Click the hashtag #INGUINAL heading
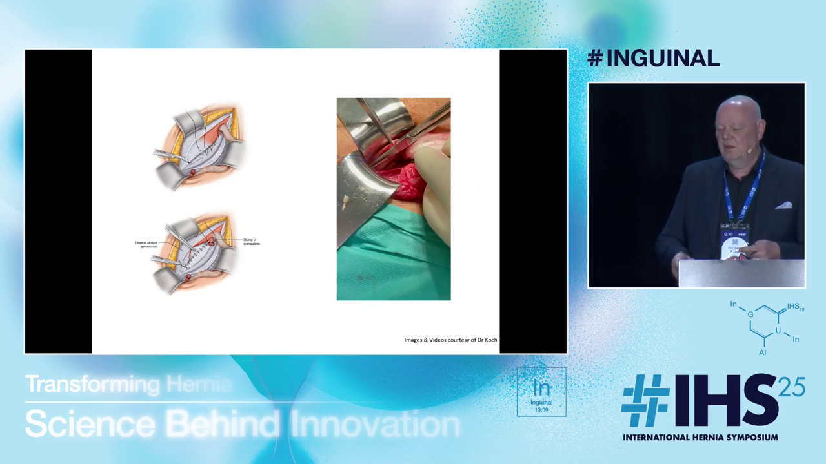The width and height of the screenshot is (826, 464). tap(653, 58)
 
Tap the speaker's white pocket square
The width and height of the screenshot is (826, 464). tap(783, 206)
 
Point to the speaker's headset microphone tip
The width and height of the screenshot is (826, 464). tap(750, 149)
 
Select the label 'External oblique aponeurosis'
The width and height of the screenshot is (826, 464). tap(146, 244)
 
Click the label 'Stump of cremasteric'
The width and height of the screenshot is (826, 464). tap(251, 242)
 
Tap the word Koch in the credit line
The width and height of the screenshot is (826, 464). tap(490, 340)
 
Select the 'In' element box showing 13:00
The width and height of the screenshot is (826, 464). tap(541, 392)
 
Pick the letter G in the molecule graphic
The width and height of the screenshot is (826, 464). tap(750, 314)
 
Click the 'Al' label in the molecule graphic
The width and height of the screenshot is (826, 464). tap(763, 353)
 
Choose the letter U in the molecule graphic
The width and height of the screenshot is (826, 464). tap(778, 331)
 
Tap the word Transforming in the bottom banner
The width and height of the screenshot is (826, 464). tap(92, 385)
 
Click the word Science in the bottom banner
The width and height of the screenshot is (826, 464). tap(90, 424)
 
